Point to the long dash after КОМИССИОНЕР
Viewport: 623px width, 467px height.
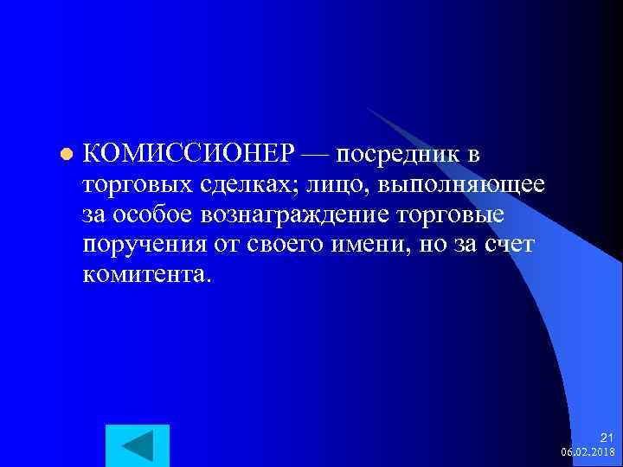coord(316,155)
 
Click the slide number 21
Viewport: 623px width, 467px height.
coord(606,438)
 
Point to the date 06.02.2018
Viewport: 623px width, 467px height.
coord(588,452)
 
